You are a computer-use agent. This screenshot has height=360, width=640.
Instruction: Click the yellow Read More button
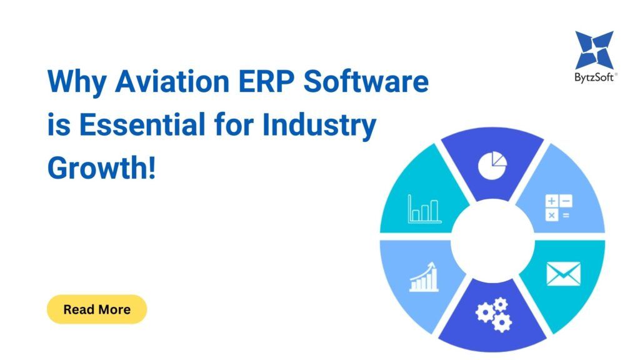pyautogui.click(x=97, y=309)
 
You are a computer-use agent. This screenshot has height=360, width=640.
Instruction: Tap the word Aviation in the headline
pyautogui.click(x=172, y=81)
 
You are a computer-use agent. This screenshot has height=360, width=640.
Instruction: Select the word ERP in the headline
pyautogui.click(x=266, y=81)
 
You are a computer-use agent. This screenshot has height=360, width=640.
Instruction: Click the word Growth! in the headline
pyautogui.click(x=102, y=167)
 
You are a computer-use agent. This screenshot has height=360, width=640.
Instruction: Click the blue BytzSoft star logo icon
pyautogui.click(x=594, y=50)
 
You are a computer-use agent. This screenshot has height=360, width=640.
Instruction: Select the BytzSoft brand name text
pyautogui.click(x=594, y=77)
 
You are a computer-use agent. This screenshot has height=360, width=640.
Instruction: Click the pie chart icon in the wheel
pyautogui.click(x=492, y=165)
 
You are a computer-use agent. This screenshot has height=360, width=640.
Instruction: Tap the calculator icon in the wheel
pyautogui.click(x=559, y=207)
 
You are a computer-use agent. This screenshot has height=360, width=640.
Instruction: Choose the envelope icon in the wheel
pyautogui.click(x=563, y=274)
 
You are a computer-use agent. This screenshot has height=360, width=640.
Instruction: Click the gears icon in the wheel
pyautogui.click(x=494, y=314)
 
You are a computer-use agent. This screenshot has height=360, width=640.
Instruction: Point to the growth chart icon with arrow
pyautogui.click(x=424, y=277)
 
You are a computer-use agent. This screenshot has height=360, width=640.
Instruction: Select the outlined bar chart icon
pyautogui.click(x=424, y=209)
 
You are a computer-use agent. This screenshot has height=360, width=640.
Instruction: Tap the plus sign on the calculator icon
pyautogui.click(x=551, y=201)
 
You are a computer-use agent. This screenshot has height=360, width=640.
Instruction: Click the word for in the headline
pyautogui.click(x=233, y=124)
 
